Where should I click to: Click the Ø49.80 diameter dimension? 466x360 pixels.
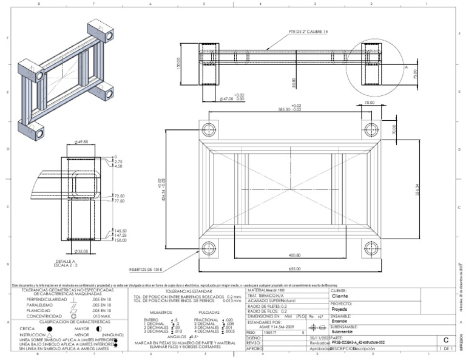click(81, 142)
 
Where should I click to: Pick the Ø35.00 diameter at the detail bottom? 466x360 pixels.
click(81, 250)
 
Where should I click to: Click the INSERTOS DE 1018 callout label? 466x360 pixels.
click(146, 269)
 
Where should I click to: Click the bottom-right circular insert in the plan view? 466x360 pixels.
click(371, 248)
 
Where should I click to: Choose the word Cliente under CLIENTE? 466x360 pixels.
click(340, 297)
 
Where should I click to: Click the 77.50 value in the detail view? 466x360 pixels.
click(118, 200)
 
